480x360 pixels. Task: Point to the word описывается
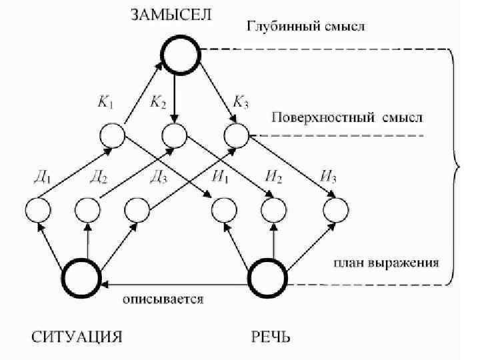(163, 299)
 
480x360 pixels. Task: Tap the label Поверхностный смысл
(347, 118)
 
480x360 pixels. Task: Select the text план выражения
(386, 263)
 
